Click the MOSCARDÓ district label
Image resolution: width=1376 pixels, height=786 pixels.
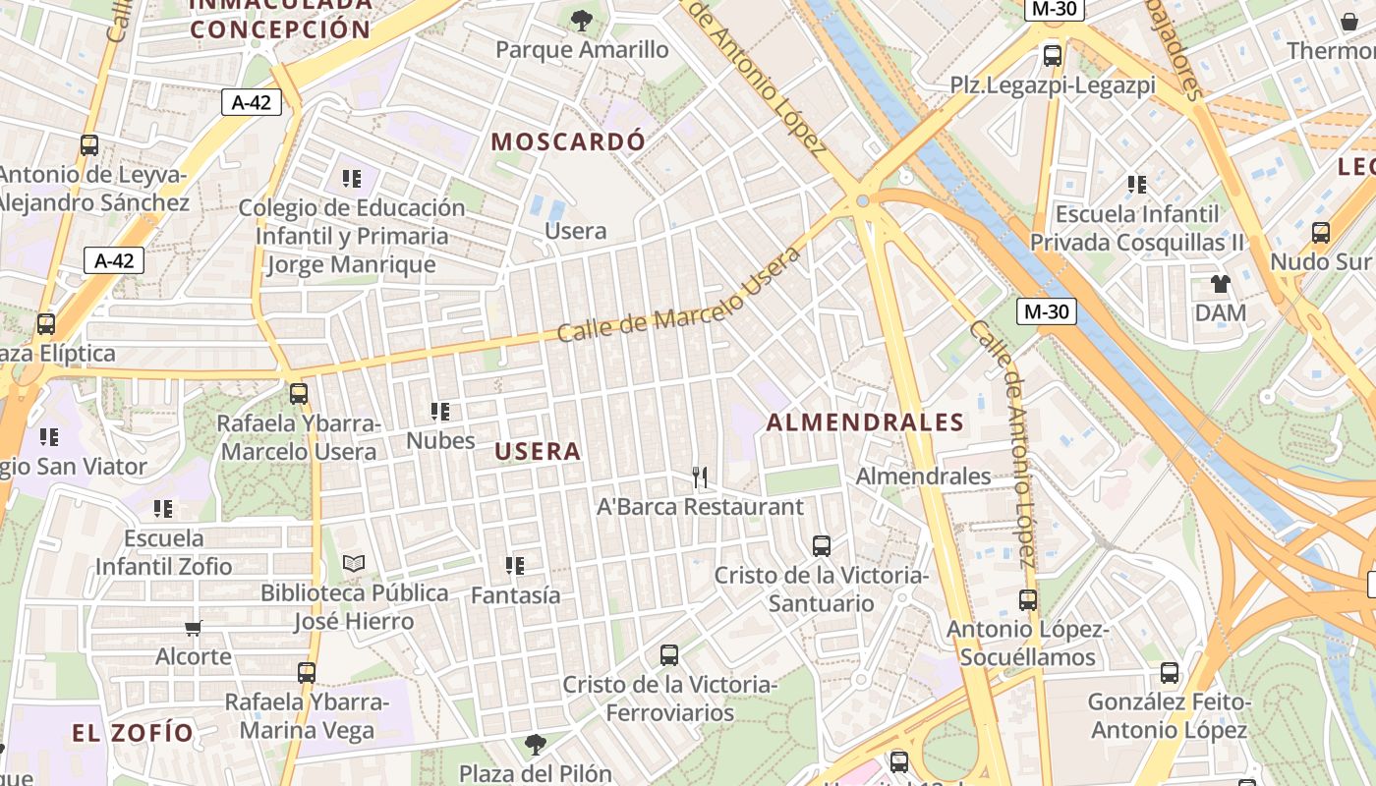tap(568, 141)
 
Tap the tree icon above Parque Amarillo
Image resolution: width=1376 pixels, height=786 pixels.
tap(582, 20)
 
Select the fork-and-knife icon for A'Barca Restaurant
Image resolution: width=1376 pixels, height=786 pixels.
tap(700, 477)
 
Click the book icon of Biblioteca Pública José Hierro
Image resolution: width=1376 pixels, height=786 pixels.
tap(354, 564)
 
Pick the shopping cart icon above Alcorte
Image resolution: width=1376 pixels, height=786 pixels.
tap(194, 627)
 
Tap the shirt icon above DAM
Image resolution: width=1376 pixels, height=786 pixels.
tap(1221, 285)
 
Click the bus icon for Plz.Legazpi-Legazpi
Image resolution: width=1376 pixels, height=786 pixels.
tap(1053, 56)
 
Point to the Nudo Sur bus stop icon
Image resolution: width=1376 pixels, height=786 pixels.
tap(1321, 233)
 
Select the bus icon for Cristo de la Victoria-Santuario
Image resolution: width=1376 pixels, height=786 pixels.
tap(822, 546)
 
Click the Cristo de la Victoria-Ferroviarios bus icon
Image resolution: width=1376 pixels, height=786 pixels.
tap(669, 654)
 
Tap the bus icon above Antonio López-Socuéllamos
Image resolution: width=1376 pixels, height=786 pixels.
tap(1028, 599)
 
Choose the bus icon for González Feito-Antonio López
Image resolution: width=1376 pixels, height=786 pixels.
tap(1170, 673)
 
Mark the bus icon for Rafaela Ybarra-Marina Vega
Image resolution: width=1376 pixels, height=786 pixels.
tap(307, 673)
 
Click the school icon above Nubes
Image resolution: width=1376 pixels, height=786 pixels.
tap(440, 412)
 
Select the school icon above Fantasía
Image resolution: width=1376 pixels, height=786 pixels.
tap(515, 566)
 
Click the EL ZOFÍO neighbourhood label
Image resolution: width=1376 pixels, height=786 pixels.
tap(133, 732)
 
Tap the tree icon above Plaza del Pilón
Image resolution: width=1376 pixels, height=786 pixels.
tap(536, 745)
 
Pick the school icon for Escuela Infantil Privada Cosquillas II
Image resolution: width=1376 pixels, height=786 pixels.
tap(1137, 185)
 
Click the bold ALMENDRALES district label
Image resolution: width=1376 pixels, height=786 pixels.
tap(865, 422)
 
